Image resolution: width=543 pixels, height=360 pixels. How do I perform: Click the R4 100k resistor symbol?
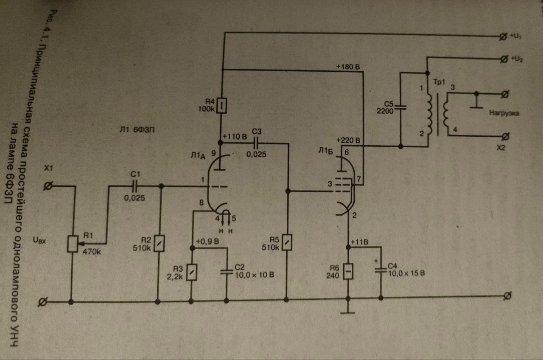(x=221, y=106)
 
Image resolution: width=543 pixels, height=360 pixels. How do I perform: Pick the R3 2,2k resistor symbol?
(x=192, y=272)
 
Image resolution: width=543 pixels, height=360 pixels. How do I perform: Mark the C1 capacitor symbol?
(x=135, y=186)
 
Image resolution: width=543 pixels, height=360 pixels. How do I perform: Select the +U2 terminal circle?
(x=504, y=58)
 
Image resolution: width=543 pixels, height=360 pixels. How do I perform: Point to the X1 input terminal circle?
(x=49, y=186)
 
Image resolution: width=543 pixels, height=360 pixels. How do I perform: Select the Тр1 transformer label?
(x=439, y=82)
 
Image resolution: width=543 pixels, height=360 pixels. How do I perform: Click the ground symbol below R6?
(x=348, y=313)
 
